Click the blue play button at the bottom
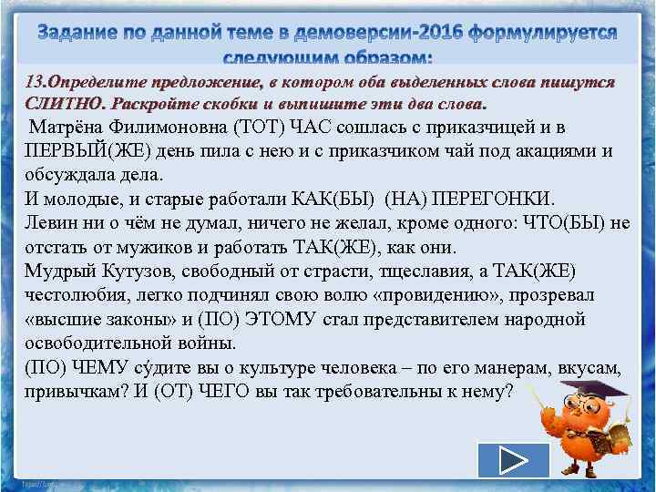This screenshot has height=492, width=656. [513, 460]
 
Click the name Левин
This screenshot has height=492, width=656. [50, 223]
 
